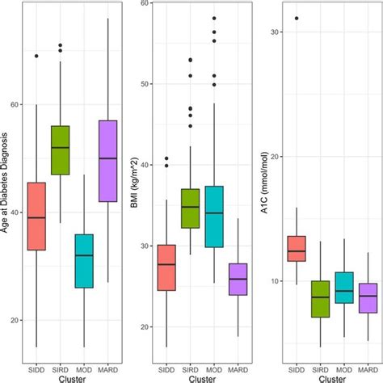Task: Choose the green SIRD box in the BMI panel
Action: [189, 208]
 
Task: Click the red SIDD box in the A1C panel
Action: [297, 248]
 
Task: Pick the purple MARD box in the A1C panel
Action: [367, 297]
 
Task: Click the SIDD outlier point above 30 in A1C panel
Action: [297, 18]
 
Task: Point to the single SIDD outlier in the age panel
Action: [36, 56]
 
